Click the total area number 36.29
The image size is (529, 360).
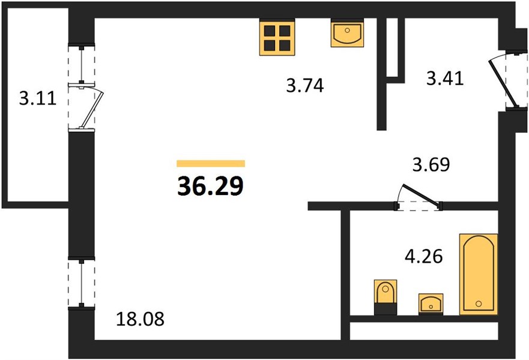pyautogui.click(x=210, y=187)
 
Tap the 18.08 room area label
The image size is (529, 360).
pyautogui.click(x=140, y=319)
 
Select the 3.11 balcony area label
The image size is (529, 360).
pyautogui.click(x=37, y=99)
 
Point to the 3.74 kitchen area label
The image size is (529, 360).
pyautogui.click(x=305, y=85)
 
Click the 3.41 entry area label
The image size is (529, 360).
pyautogui.click(x=445, y=79)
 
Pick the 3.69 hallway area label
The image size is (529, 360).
pyautogui.click(x=431, y=164)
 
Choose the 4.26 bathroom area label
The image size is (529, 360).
pyautogui.click(x=424, y=257)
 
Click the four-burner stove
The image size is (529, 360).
pyautogui.click(x=277, y=37)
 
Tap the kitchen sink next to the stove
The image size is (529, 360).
pyautogui.click(x=347, y=32)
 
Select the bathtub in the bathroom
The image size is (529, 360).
pyautogui.click(x=479, y=274)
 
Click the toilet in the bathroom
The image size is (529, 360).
pyautogui.click(x=385, y=297)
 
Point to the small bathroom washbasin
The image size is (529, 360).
pyautogui.click(x=431, y=304)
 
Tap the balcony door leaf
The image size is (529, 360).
pyautogui.click(x=91, y=110)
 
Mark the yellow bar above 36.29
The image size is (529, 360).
pyautogui.click(x=211, y=163)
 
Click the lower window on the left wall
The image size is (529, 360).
pyautogui.click(x=81, y=283)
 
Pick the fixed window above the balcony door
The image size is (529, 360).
pyautogui.click(x=81, y=64)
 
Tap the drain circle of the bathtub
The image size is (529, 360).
pyautogui.click(x=479, y=304)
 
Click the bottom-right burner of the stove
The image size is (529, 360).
pyautogui.click(x=285, y=45)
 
